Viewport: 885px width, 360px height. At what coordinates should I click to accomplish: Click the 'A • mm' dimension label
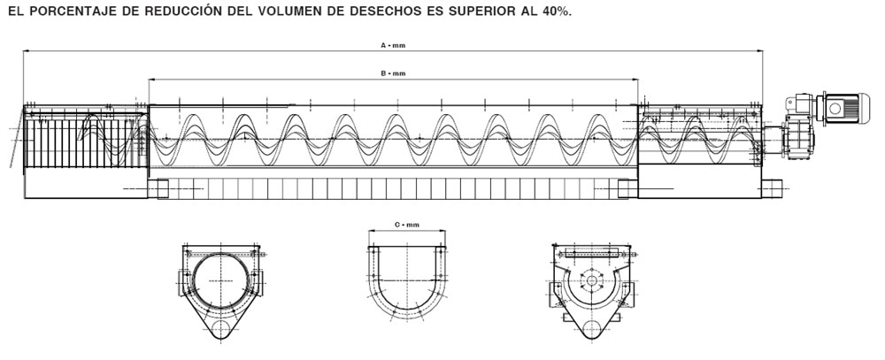[392, 45]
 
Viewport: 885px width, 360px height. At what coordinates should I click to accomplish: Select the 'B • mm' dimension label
[392, 73]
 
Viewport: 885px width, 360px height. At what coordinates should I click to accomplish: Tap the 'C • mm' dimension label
[406, 226]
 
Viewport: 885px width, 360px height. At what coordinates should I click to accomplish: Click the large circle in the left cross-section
[221, 280]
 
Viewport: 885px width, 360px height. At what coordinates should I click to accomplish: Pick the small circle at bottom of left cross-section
[221, 332]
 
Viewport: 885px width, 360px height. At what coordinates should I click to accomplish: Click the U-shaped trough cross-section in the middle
[406, 283]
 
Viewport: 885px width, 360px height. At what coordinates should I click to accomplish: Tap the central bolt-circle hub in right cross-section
[591, 283]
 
